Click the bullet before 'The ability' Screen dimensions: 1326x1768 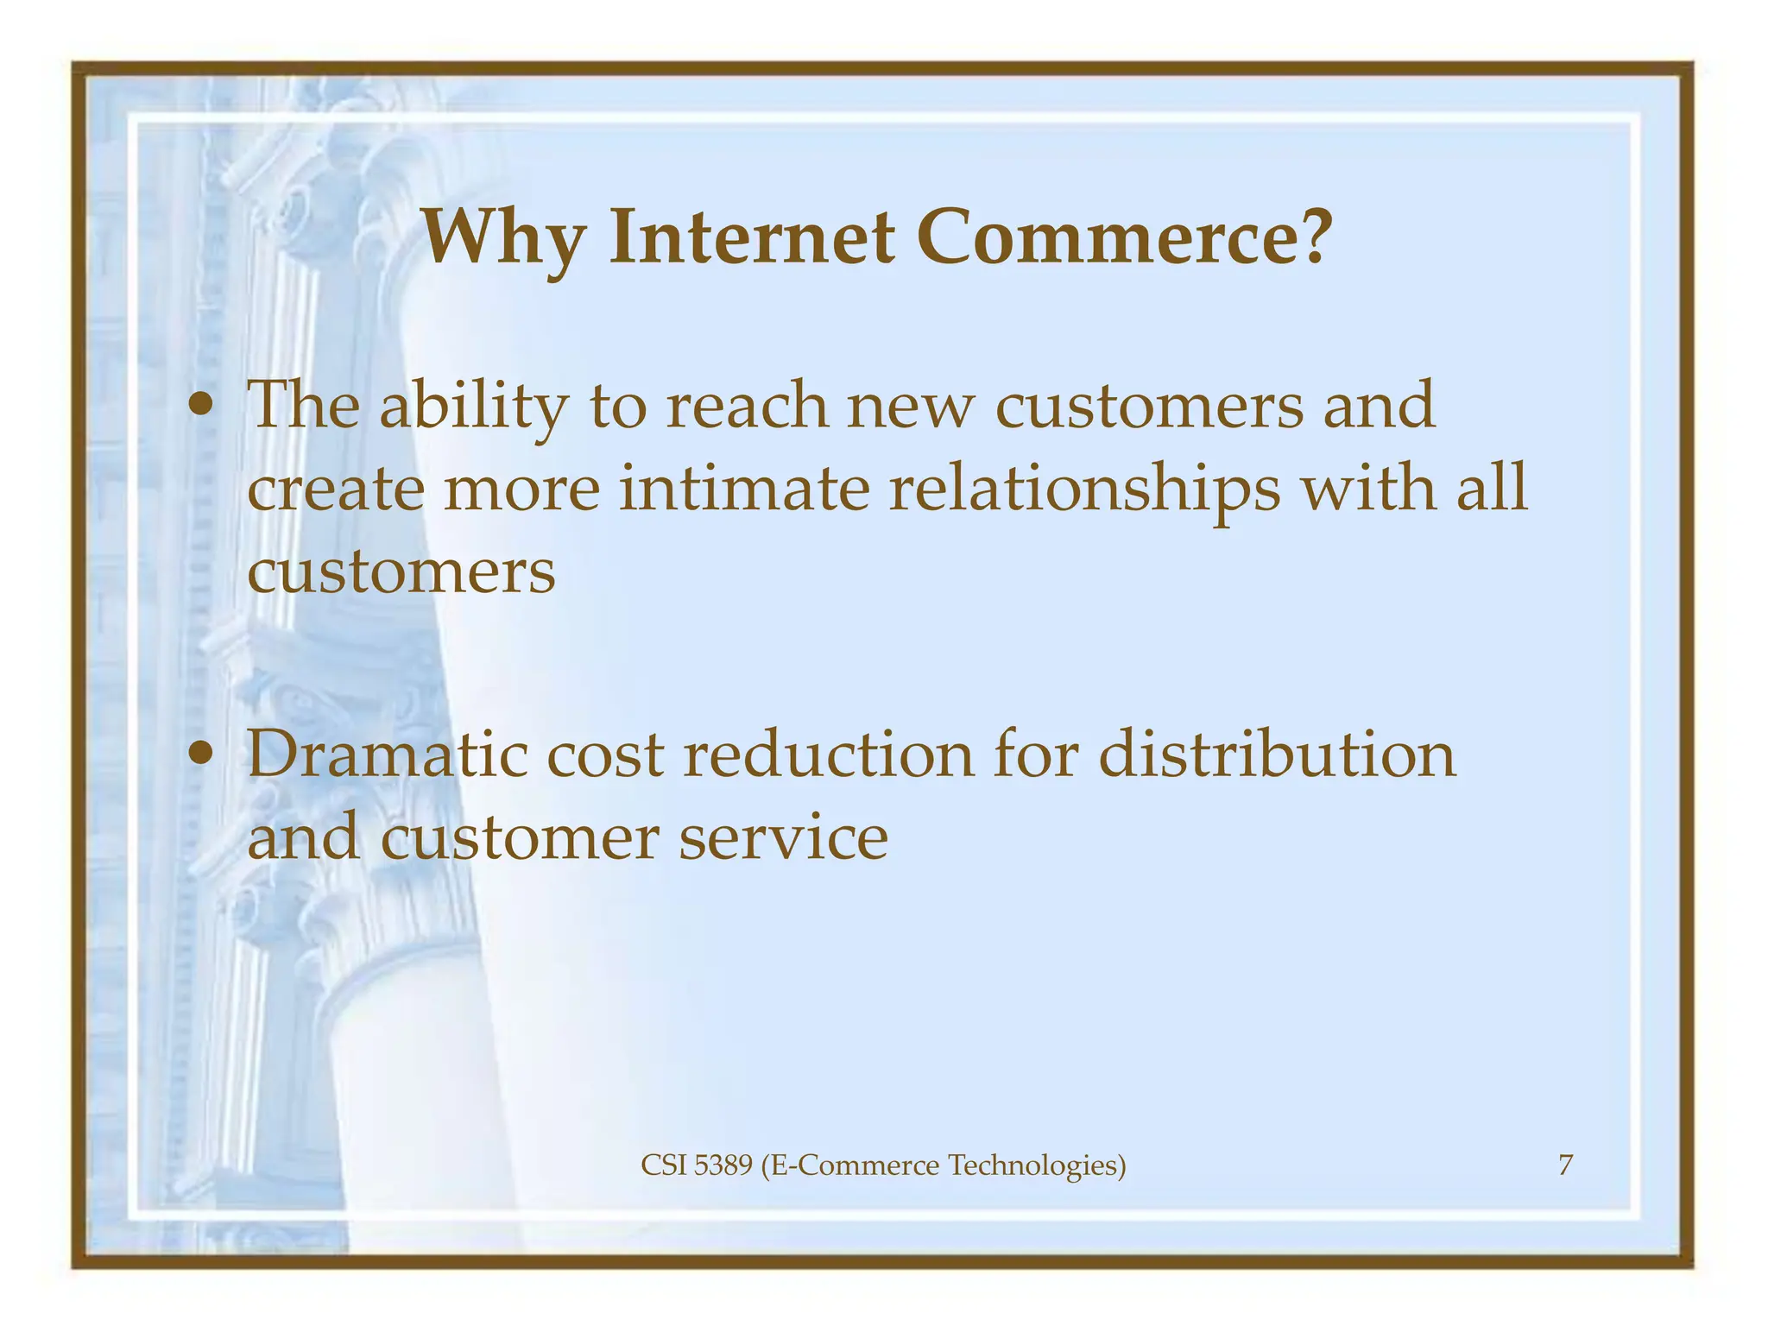pos(201,406)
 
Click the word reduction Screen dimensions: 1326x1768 pos(828,755)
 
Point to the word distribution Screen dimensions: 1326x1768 pos(1277,755)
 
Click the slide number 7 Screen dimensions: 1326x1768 pos(1565,1165)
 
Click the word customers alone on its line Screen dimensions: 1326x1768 pos(401,571)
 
